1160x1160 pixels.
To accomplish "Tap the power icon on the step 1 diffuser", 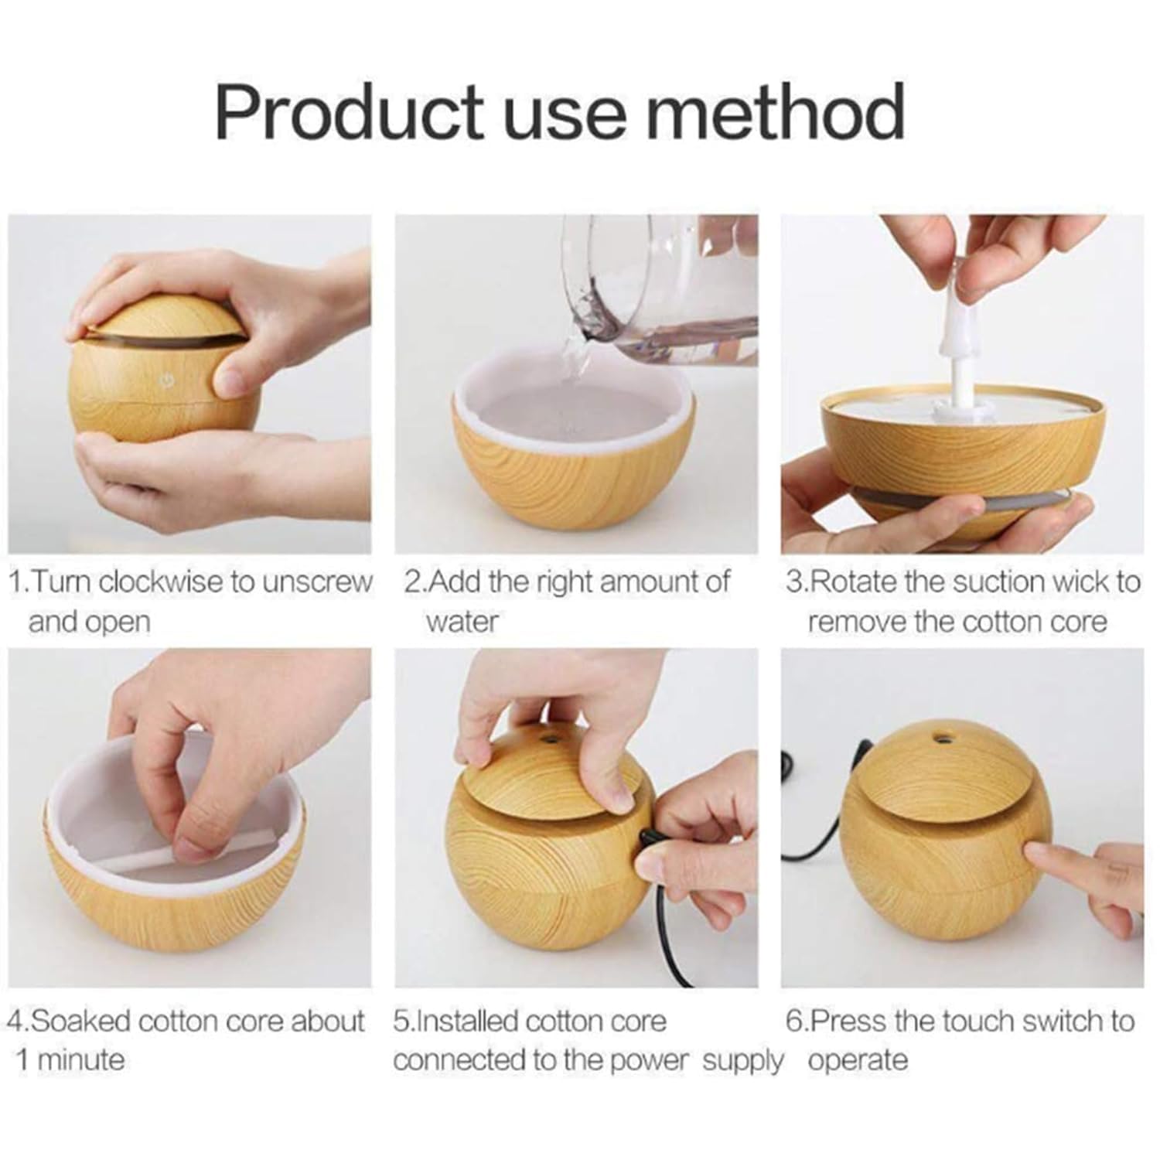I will (165, 380).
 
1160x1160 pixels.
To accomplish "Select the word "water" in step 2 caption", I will (462, 621).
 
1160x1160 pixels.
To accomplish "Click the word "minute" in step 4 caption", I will (80, 1059).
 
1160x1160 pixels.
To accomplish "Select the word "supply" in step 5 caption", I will (742, 1060).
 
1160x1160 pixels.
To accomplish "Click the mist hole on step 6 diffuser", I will (942, 735).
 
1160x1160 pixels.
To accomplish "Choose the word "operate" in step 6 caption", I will (858, 1060).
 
